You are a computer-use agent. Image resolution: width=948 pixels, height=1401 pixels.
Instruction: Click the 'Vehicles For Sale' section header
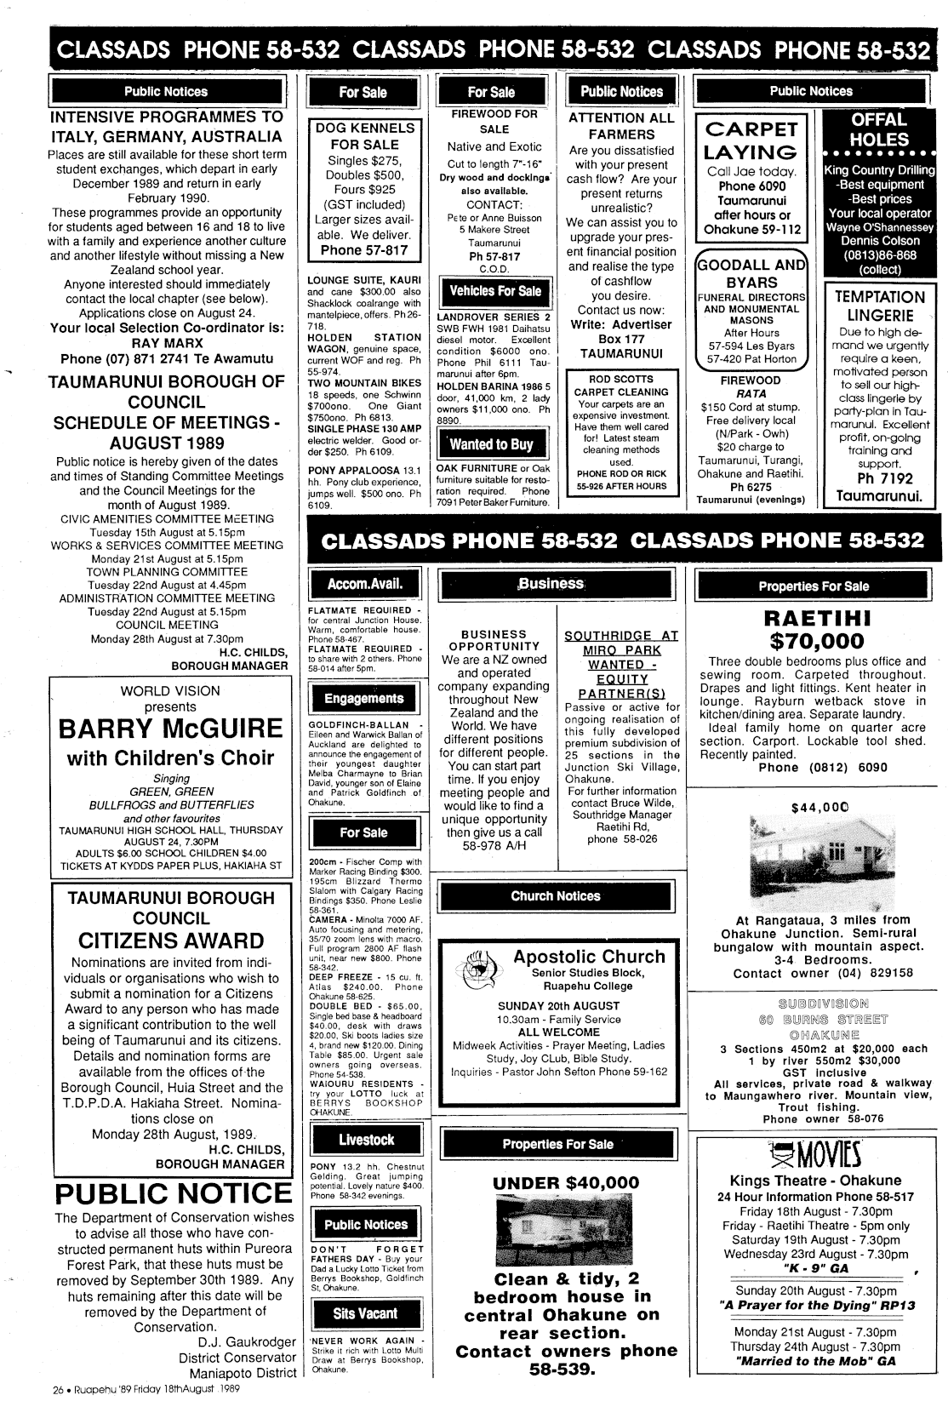(494, 291)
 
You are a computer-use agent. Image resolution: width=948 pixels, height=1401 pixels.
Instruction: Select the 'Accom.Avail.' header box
(364, 584)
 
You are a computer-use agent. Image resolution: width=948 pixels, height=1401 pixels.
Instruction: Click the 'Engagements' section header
(363, 699)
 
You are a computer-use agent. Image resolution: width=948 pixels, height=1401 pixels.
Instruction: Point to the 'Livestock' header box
(366, 1140)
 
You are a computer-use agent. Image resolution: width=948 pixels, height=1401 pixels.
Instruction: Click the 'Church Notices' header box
(555, 896)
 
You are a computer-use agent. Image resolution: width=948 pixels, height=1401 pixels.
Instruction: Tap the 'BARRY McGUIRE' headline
(170, 729)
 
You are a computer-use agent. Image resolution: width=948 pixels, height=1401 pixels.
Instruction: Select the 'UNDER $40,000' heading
(565, 1182)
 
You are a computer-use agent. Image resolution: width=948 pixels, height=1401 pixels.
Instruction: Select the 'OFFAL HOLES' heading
(879, 129)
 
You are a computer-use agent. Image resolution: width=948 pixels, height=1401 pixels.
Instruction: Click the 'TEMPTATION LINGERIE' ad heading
(879, 306)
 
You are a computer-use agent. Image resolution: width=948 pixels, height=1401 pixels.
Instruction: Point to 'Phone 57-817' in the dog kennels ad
(364, 250)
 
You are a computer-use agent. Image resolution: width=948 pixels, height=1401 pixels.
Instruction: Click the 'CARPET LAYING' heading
(751, 140)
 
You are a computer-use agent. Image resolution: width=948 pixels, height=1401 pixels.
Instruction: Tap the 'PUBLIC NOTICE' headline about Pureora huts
(173, 1192)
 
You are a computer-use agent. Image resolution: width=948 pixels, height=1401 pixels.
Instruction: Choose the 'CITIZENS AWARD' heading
(171, 941)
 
